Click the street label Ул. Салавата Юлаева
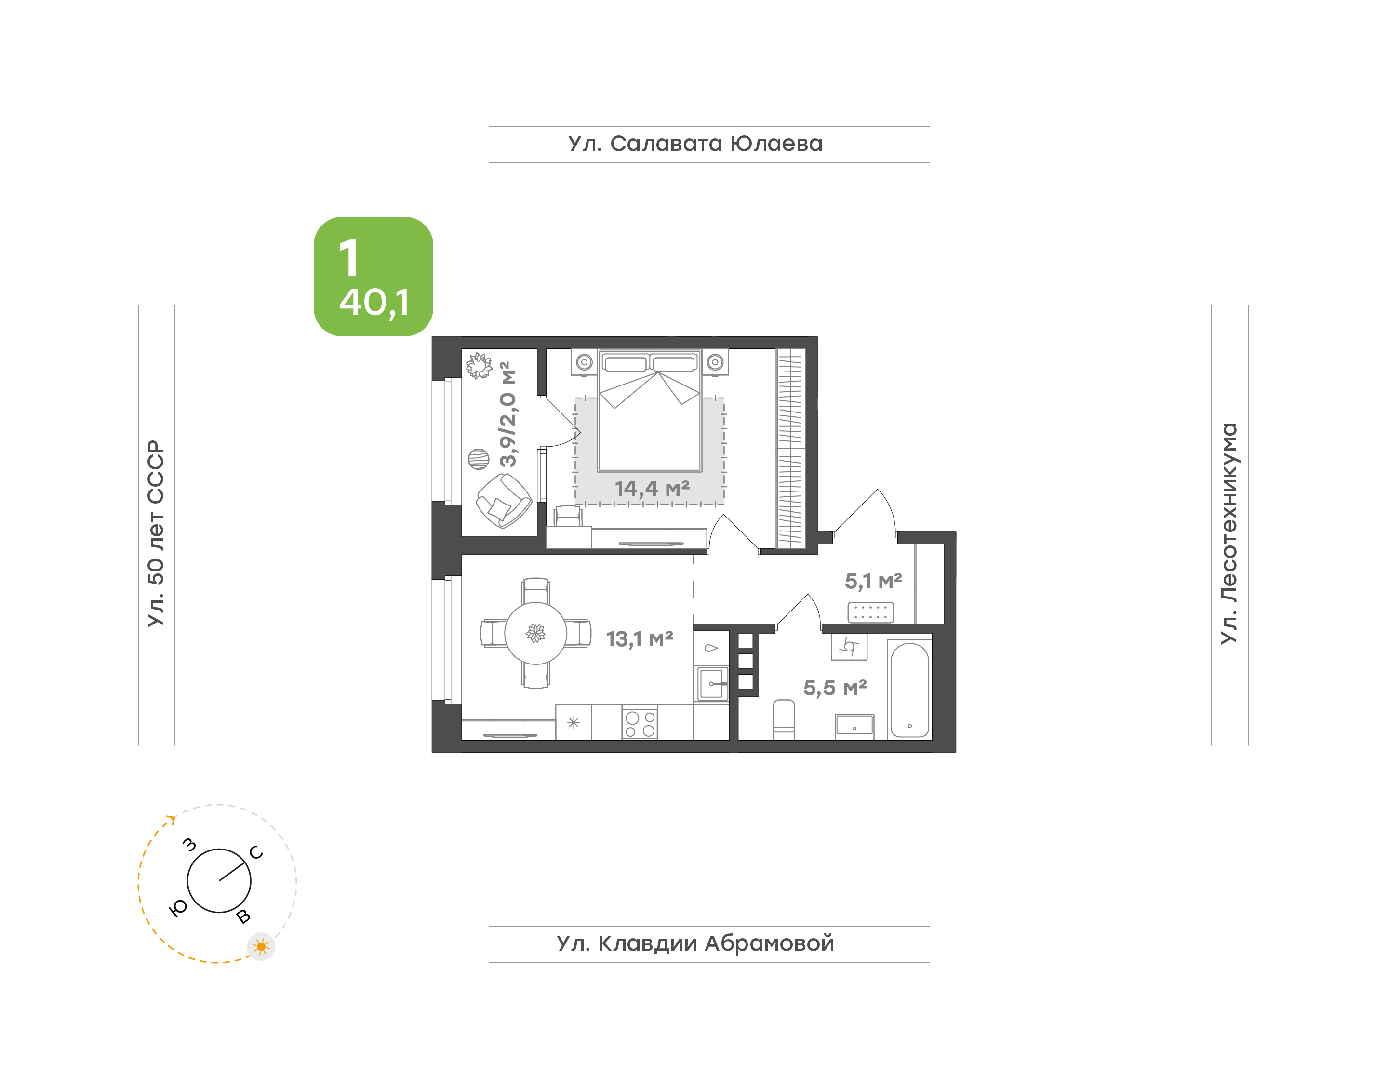695,144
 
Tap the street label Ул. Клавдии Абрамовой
695,943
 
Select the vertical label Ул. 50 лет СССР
156,533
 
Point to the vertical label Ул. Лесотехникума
1228,533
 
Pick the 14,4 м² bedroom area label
652,489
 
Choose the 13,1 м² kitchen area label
640,639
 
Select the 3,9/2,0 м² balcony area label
508,414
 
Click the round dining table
535,633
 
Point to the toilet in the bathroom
784,720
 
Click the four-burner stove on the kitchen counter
640,722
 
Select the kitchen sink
712,684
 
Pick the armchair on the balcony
504,501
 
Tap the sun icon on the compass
261,947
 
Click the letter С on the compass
256,852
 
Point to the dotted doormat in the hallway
870,612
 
